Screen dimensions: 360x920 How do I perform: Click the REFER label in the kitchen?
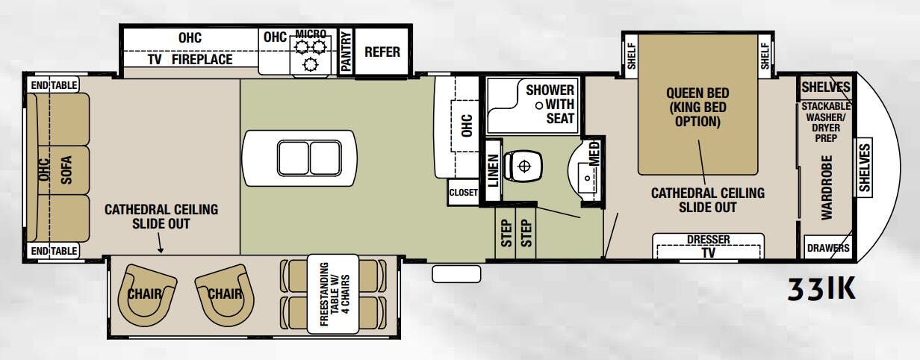point(382,52)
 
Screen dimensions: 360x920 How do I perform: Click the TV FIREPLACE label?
point(190,59)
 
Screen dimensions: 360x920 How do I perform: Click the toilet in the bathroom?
point(523,165)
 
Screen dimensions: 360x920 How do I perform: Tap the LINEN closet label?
point(493,170)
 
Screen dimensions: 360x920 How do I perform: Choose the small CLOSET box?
point(463,192)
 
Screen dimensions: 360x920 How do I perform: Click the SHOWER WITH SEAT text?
point(550,104)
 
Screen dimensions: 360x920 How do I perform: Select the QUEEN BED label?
point(697,107)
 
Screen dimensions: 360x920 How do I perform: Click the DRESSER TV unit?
point(707,246)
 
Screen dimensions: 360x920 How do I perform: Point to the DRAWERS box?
point(827,248)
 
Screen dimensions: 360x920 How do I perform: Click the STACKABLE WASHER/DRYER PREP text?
point(825,122)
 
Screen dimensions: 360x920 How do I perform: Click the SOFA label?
point(66,168)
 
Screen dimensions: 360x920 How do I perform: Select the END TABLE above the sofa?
point(53,85)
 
